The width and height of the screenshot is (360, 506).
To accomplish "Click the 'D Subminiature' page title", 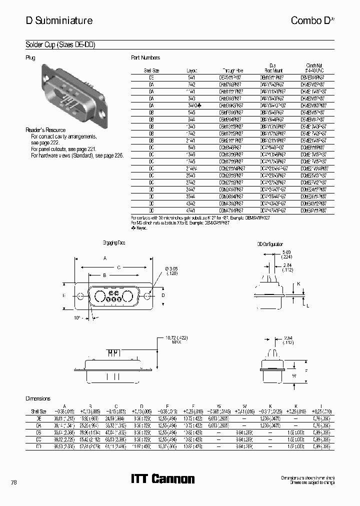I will (x=59, y=20).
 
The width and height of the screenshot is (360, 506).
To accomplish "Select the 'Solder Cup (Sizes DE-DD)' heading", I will (x=60, y=45).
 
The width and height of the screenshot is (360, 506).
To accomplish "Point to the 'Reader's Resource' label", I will (x=45, y=130).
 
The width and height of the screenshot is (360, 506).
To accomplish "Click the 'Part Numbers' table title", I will (x=145, y=58).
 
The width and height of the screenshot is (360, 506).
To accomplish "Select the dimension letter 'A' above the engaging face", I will (x=105, y=258).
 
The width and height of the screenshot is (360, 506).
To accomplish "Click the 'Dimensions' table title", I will (x=38, y=398).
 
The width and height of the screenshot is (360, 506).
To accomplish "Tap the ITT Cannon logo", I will (x=162, y=478).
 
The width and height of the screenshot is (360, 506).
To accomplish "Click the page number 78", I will (x=13, y=482).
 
